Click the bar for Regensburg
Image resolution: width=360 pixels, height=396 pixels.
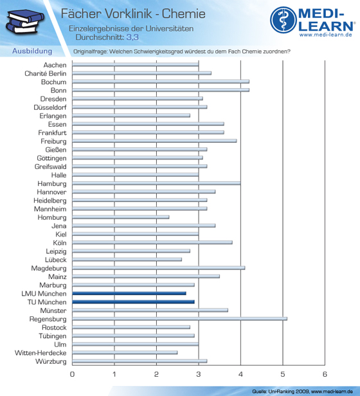[x=179, y=319]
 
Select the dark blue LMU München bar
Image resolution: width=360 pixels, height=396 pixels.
[x=129, y=293]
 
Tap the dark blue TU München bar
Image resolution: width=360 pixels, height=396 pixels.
[x=133, y=301]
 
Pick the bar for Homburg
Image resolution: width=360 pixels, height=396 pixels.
[x=121, y=217]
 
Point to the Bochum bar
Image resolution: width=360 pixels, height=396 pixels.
[x=161, y=81]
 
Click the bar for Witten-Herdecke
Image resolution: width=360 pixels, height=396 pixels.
[x=125, y=352]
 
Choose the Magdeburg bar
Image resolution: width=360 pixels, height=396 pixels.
[x=159, y=267]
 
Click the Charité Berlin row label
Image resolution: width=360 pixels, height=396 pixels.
[x=46, y=73]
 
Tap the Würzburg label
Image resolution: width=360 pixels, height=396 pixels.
[x=51, y=361]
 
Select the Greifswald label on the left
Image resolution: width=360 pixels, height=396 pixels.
[x=51, y=166]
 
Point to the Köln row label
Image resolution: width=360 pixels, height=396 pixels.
[x=60, y=243]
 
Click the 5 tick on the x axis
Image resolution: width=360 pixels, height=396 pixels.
[x=283, y=374]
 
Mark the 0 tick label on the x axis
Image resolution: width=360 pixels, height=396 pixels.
[x=72, y=374]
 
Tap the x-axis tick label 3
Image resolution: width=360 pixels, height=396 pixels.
[x=199, y=374]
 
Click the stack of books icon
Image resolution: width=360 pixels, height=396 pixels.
[x=25, y=22]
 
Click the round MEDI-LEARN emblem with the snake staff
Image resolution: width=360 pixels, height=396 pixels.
[x=283, y=20]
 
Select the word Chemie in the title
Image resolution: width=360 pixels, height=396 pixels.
[x=184, y=14]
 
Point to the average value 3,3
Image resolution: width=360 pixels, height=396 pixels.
[x=132, y=37]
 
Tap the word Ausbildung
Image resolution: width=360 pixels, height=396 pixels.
[x=32, y=51]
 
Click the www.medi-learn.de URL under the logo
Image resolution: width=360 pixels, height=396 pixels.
[x=326, y=35]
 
